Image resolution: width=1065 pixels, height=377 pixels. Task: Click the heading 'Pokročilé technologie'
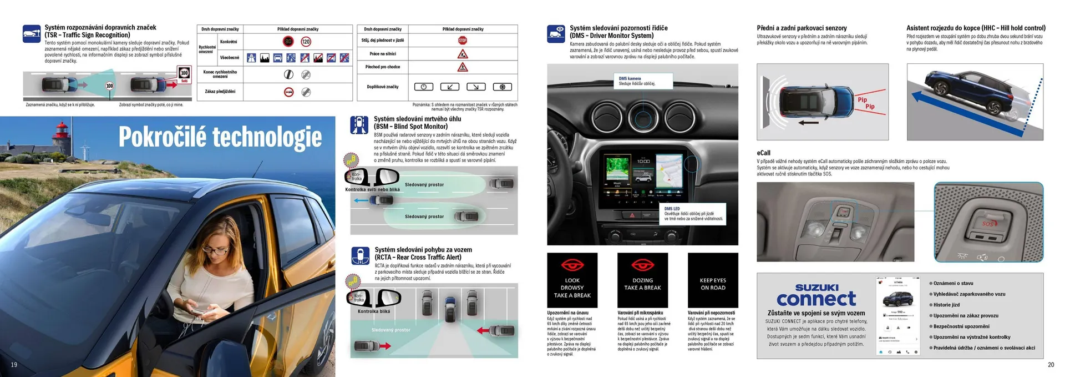pyautogui.click(x=220, y=138)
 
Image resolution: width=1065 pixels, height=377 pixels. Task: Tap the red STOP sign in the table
pyautogui.click(x=463, y=41)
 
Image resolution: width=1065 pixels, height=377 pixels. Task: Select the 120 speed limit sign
pyautogui.click(x=306, y=42)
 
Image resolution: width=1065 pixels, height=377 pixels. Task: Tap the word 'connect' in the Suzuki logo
pyautogui.click(x=816, y=299)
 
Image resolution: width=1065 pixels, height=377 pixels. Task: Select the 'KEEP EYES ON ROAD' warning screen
pyautogui.click(x=713, y=280)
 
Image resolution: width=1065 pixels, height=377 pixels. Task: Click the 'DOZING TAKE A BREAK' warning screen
pyautogui.click(x=642, y=280)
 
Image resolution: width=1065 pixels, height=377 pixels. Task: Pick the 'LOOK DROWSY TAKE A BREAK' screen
pyautogui.click(x=572, y=280)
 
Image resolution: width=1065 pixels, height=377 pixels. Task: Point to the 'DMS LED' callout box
pyautogui.click(x=693, y=214)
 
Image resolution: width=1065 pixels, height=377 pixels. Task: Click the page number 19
pyautogui.click(x=14, y=365)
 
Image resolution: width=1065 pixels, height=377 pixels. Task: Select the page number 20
pyautogui.click(x=1051, y=365)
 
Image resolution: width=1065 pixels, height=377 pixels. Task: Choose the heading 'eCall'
pyautogui.click(x=763, y=153)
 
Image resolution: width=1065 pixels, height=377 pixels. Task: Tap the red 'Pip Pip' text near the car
pyautogui.click(x=866, y=103)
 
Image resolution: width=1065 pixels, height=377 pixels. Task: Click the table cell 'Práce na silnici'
pyautogui.click(x=383, y=54)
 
